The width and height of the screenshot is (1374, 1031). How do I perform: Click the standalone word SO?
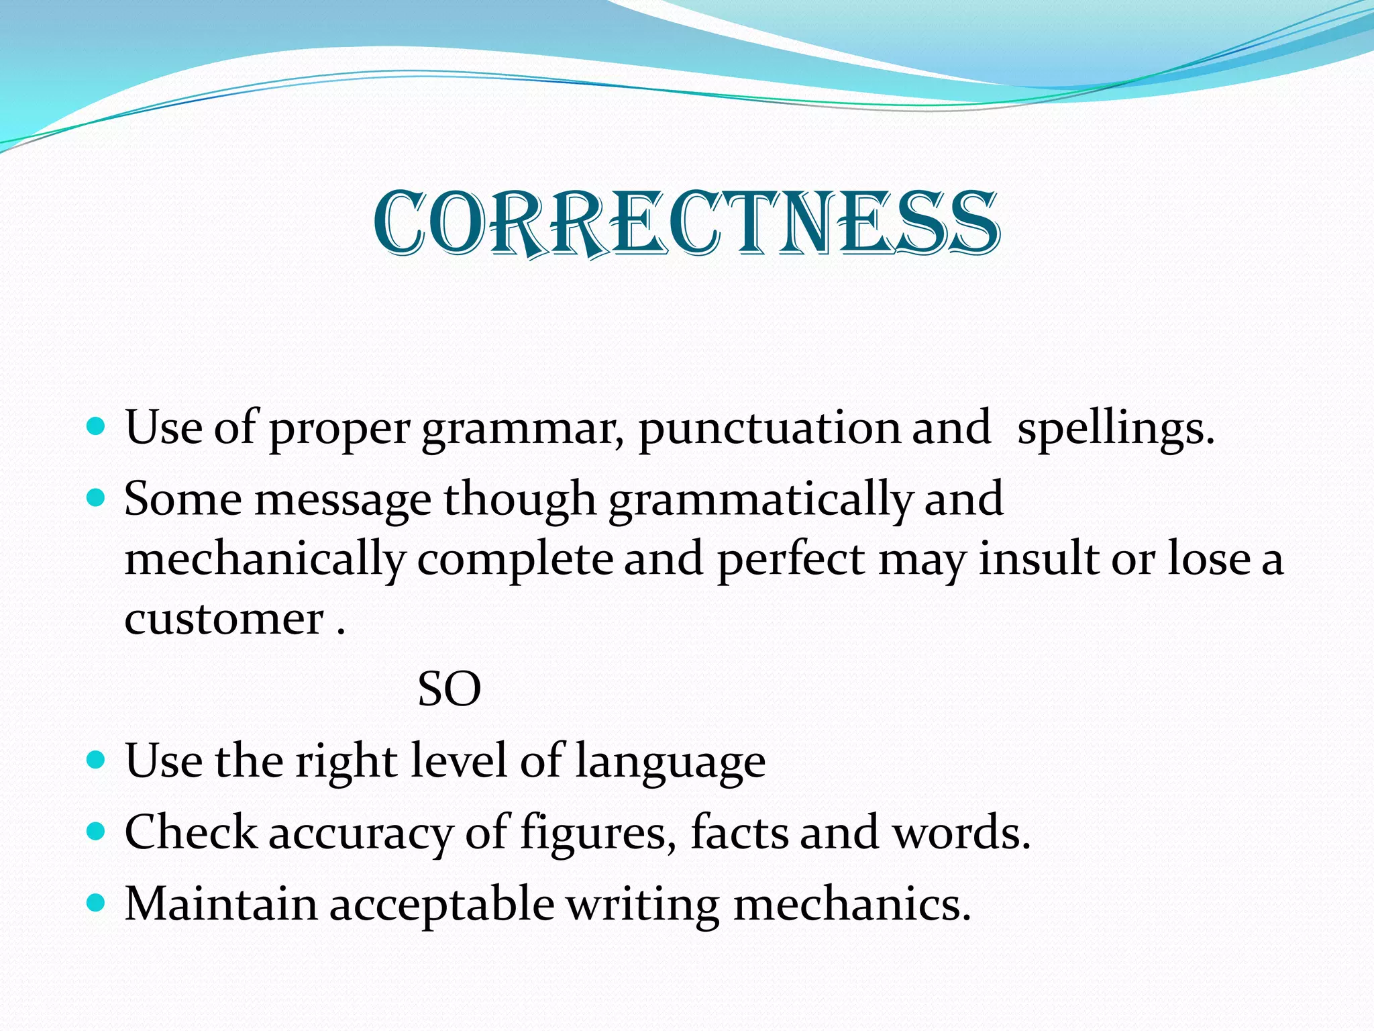[449, 690]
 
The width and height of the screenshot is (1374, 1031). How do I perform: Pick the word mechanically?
[265, 560]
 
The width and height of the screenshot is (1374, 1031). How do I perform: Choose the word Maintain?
[221, 904]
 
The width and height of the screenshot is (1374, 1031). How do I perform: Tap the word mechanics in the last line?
[851, 904]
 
